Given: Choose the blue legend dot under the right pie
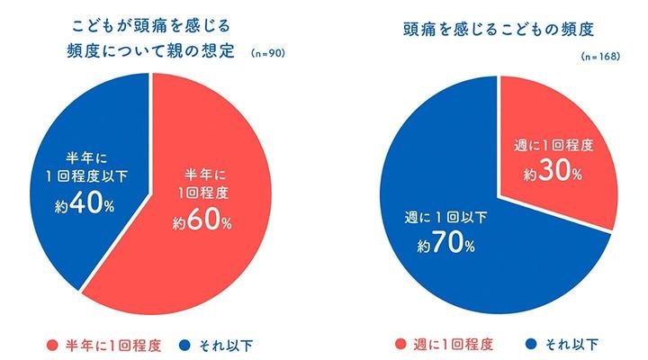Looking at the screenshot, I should coord(535,344).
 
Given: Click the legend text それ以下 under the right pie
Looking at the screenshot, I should coord(572,344).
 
